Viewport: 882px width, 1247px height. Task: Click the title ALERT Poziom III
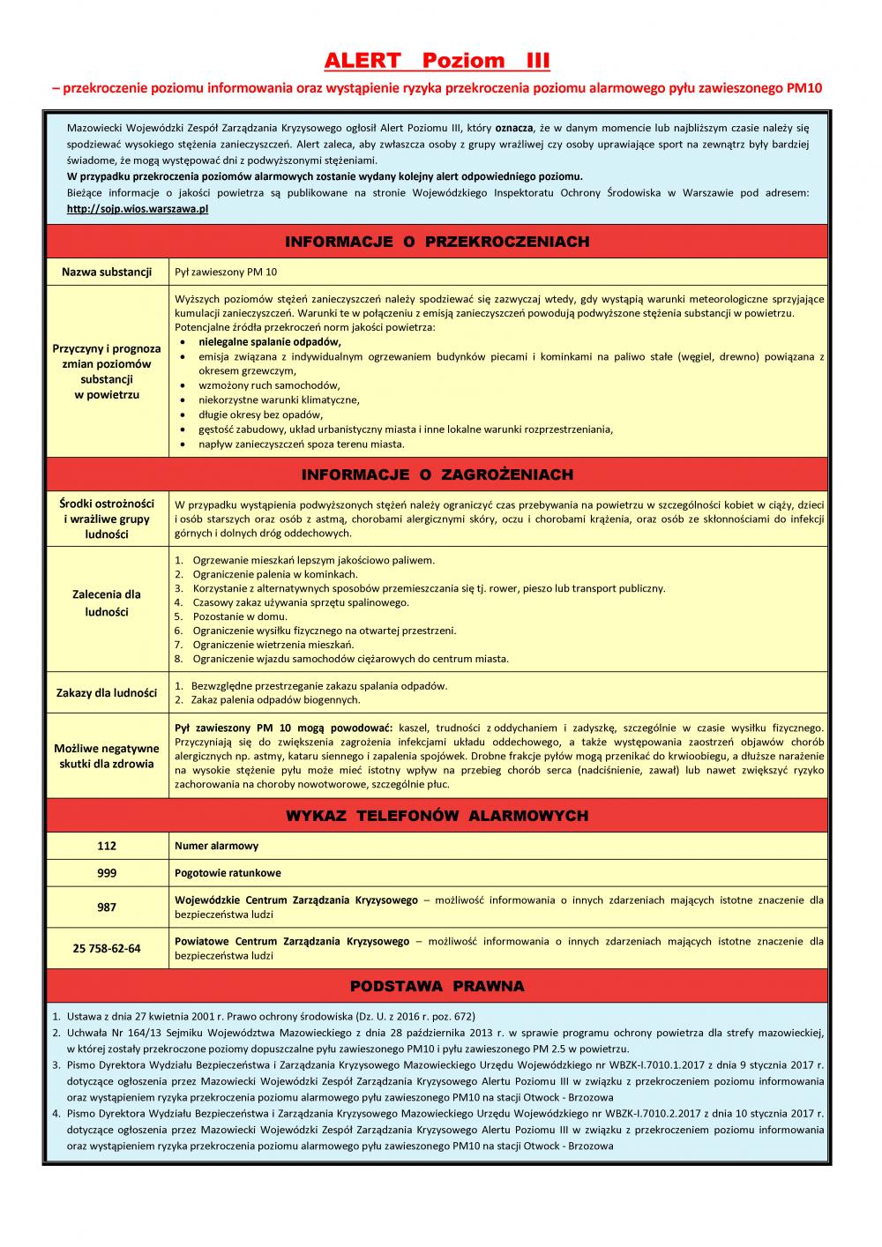click(x=437, y=61)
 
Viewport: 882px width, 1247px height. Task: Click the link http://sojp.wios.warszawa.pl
click(x=138, y=209)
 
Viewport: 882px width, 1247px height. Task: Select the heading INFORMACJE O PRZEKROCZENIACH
click(x=437, y=242)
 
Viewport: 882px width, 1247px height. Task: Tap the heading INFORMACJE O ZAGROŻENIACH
click(x=437, y=474)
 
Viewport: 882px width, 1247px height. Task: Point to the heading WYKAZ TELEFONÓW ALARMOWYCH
click(x=437, y=816)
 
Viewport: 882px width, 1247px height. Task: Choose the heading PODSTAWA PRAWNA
click(x=437, y=986)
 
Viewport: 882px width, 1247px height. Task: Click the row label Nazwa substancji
click(x=107, y=272)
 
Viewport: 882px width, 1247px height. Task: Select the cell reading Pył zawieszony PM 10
click(x=226, y=272)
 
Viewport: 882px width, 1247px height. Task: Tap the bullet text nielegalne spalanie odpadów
click(x=270, y=341)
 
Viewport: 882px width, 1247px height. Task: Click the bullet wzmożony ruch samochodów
click(x=269, y=385)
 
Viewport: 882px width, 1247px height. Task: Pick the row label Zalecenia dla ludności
click(x=107, y=603)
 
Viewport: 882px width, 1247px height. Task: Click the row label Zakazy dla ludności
click(x=107, y=692)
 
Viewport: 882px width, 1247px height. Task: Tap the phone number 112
click(x=107, y=846)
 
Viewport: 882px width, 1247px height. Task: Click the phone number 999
click(x=107, y=873)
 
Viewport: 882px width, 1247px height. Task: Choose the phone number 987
click(x=107, y=907)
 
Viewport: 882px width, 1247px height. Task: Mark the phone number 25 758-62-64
click(x=107, y=949)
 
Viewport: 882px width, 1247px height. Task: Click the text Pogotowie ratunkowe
click(x=228, y=873)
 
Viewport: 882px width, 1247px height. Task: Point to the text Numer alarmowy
click(x=217, y=846)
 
